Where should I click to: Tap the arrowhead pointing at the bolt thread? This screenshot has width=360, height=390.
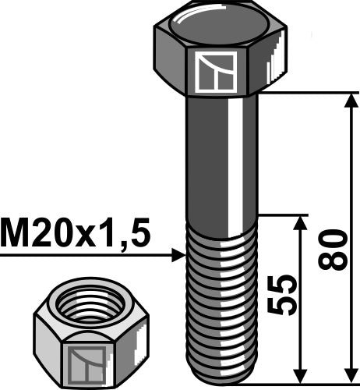coord(177,254)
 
